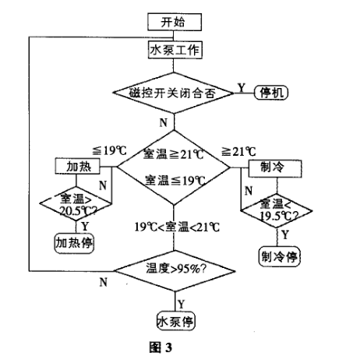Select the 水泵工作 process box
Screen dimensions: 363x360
(175, 50)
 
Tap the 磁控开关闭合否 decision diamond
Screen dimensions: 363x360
(174, 92)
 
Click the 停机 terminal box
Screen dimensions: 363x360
(272, 93)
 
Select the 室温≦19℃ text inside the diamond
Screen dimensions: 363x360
(174, 179)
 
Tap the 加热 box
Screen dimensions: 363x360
(73, 166)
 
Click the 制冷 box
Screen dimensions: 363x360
(274, 167)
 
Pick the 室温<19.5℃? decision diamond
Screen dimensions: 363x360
(277, 206)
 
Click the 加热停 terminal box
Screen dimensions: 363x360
(74, 242)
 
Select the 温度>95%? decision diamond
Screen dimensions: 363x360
(174, 270)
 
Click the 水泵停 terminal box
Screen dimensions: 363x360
(174, 319)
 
